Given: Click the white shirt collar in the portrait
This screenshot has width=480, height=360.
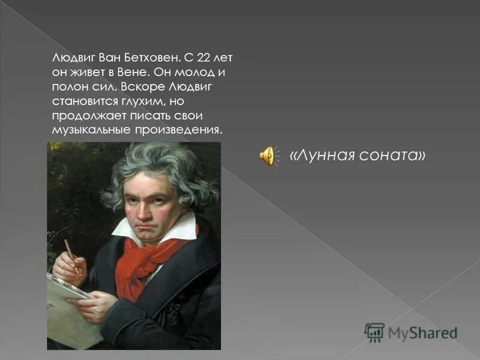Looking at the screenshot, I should pos(180,227).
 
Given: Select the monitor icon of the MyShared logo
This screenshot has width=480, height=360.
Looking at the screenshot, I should pos(374,332).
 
